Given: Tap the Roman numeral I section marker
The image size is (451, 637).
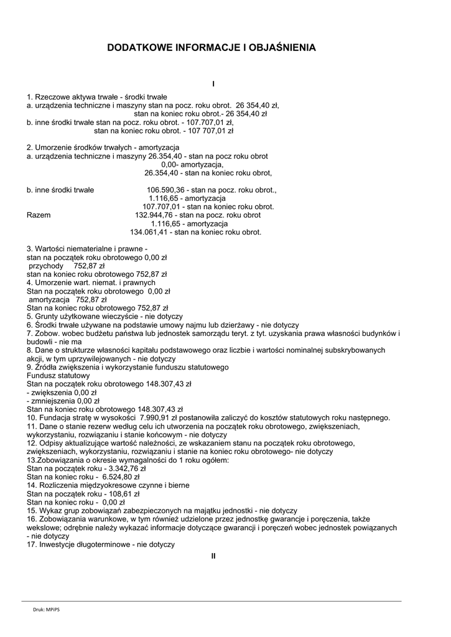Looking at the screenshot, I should (213, 84).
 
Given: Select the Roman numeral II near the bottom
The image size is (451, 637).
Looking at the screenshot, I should (213, 556).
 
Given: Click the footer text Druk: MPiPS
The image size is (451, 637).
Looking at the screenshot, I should (47, 610).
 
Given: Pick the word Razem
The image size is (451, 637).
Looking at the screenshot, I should (39, 215).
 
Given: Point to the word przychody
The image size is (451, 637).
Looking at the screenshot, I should (47, 266).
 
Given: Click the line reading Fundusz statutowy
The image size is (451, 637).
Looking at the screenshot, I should (58, 376).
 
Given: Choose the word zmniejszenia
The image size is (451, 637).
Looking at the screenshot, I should (53, 401).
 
